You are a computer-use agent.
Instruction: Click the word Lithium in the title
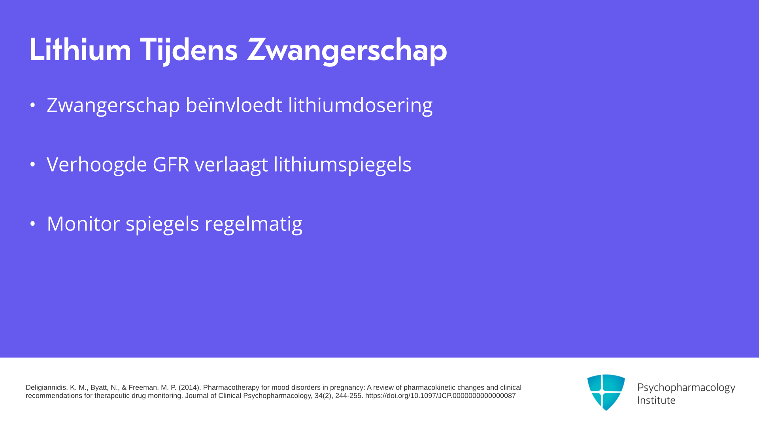[80, 50]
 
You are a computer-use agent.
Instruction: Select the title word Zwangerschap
[347, 51]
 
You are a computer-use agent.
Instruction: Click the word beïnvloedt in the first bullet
[234, 105]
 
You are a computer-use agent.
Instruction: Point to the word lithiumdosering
[360, 106]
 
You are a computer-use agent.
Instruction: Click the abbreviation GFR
[171, 164]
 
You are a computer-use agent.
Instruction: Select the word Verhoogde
[97, 165]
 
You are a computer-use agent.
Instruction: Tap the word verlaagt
[231, 165]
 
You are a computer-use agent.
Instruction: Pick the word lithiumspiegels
[342, 165]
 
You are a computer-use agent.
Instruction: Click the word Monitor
[83, 224]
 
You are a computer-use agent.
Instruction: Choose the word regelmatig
[253, 224]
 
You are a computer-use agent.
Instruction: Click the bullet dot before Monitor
[33, 224]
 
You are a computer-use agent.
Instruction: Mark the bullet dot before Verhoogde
[33, 164]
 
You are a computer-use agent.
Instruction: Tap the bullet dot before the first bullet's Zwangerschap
[33, 105]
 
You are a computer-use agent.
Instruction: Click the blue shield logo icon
[606, 392]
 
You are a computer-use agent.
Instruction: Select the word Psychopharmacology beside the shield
[686, 388]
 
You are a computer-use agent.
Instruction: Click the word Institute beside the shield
[657, 400]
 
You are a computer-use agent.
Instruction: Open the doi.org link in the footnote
[440, 396]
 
